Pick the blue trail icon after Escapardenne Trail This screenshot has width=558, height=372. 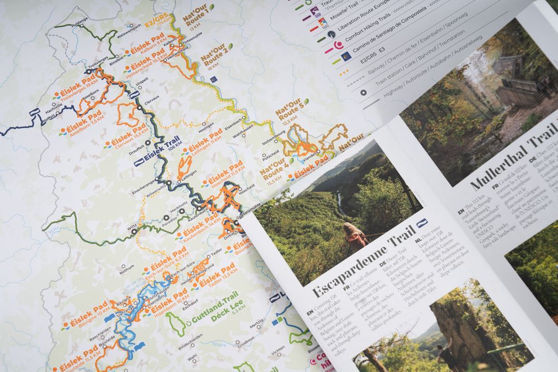click(x=422, y=223)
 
